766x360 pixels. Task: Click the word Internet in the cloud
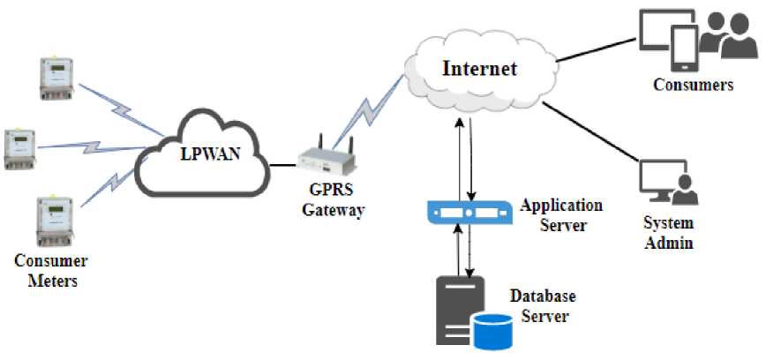tap(480, 68)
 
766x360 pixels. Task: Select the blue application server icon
tap(469, 213)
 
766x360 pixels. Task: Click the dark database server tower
tap(459, 309)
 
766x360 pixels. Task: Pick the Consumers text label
tap(693, 86)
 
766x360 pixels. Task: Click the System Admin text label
tap(667, 232)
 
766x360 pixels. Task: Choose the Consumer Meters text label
tap(51, 271)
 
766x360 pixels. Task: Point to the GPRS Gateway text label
tap(333, 200)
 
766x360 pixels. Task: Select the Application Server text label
tap(561, 214)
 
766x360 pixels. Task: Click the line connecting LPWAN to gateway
tap(282, 163)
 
